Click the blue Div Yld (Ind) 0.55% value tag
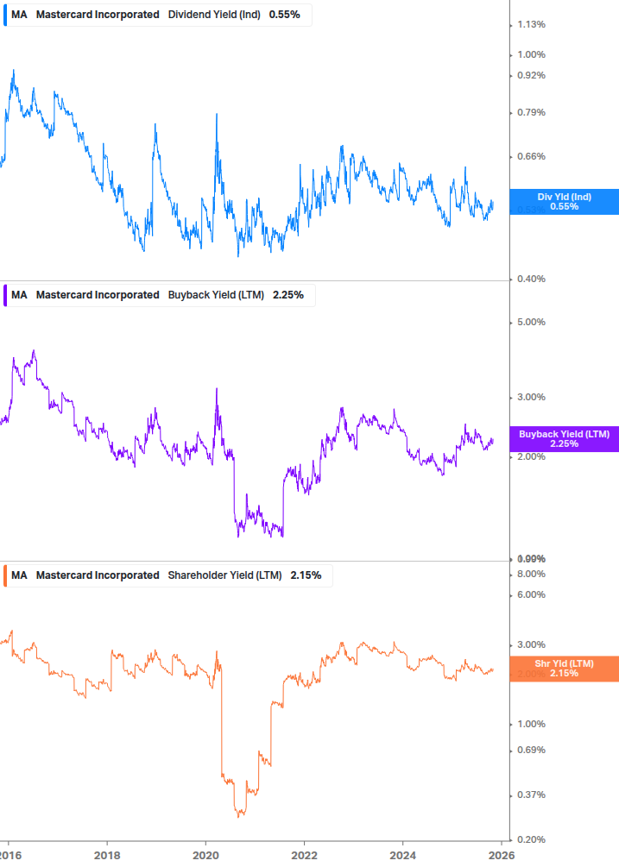click(564, 202)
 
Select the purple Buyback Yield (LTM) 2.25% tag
click(564, 439)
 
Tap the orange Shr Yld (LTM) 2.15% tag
click(564, 668)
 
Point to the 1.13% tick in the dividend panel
click(531, 24)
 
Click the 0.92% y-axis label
click(531, 75)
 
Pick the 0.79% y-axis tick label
click(531, 112)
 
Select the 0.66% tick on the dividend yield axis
click(531, 156)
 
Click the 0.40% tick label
click(531, 279)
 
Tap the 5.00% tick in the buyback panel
click(531, 322)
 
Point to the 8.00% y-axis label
click(531, 574)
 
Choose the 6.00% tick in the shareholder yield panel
click(531, 594)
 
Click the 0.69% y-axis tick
click(531, 750)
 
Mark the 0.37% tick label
click(531, 795)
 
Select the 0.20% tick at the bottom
click(531, 839)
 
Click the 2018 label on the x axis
click(107, 856)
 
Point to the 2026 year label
click(501, 856)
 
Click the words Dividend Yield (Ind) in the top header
click(214, 15)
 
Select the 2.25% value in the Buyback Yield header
click(287, 295)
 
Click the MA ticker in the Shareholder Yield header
click(19, 575)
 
